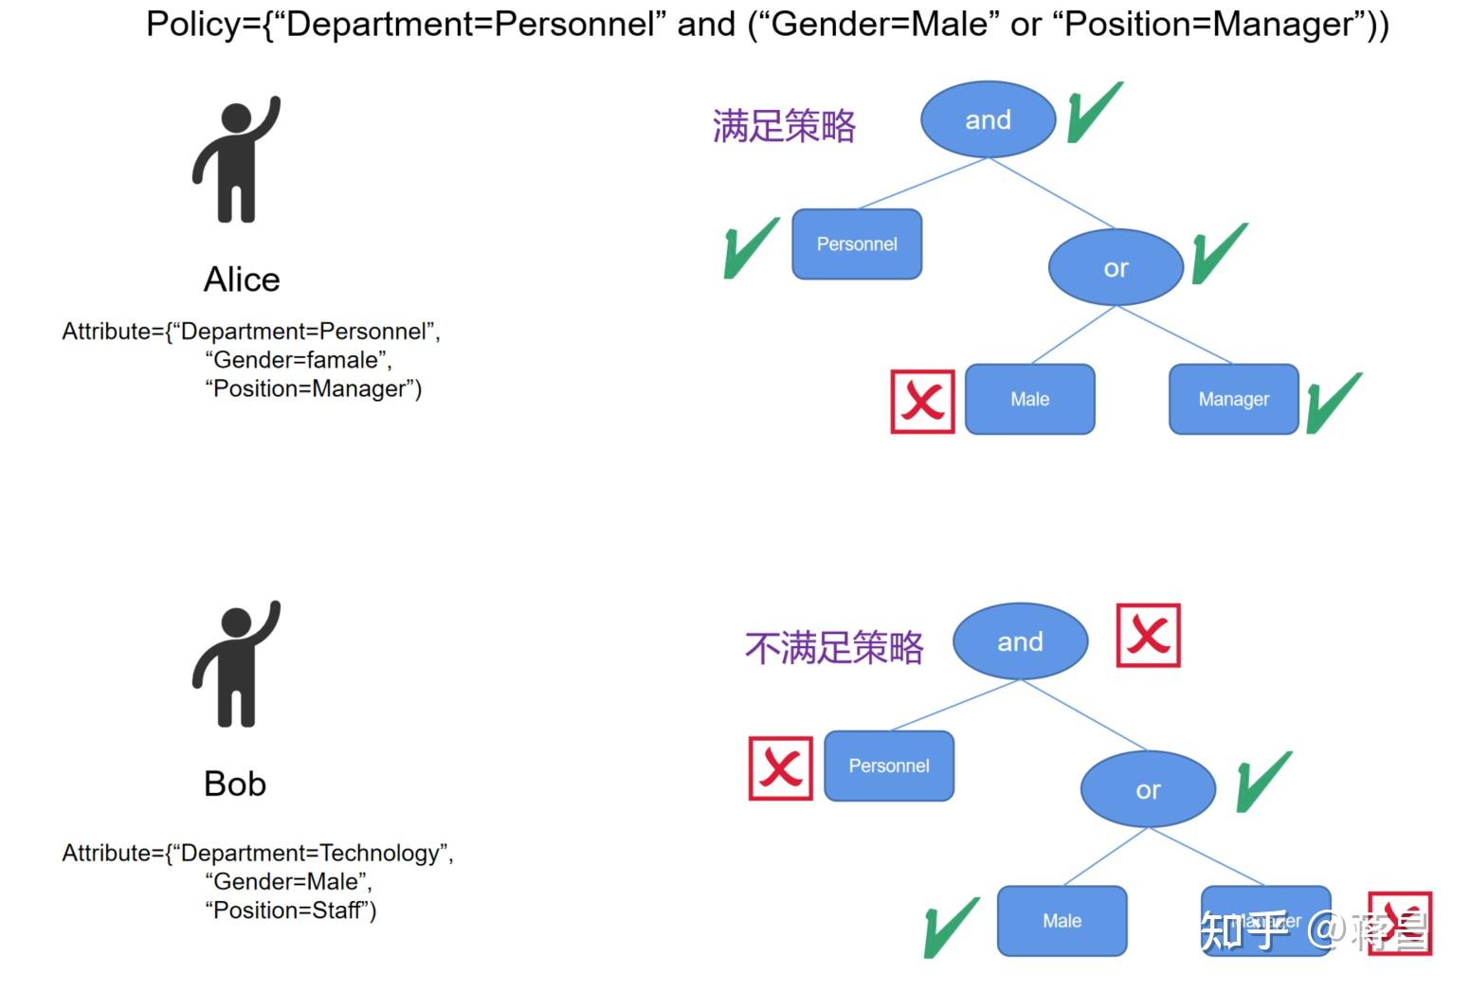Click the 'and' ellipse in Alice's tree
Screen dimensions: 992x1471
pyautogui.click(x=988, y=119)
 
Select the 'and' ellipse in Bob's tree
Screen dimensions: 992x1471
pyautogui.click(x=1020, y=641)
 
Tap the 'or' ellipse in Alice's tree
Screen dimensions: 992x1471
pyautogui.click(x=1116, y=268)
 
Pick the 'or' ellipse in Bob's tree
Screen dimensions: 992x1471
pyautogui.click(x=1148, y=789)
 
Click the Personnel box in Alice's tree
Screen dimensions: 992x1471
pyautogui.click(x=857, y=244)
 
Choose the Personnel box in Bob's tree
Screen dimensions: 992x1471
pyautogui.click(x=889, y=766)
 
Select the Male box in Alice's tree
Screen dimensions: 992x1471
pyautogui.click(x=1029, y=399)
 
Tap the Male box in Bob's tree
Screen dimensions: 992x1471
pyautogui.click(x=1062, y=921)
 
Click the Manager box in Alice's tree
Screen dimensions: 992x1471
pyautogui.click(x=1233, y=399)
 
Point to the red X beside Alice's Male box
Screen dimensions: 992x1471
pyautogui.click(x=922, y=402)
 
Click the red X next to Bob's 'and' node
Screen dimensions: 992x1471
pyautogui.click(x=1148, y=635)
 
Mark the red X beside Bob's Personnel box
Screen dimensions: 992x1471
pyautogui.click(x=780, y=768)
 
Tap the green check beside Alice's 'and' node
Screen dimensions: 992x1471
pyautogui.click(x=1094, y=112)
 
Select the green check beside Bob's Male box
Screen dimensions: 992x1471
pyautogui.click(x=951, y=927)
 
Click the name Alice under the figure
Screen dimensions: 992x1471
pyautogui.click(x=242, y=280)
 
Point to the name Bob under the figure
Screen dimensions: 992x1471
pyautogui.click(x=235, y=784)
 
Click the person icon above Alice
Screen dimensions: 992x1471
pyautogui.click(x=237, y=159)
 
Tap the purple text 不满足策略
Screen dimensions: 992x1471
pyautogui.click(x=834, y=648)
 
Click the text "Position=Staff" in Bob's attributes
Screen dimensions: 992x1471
pyautogui.click(x=290, y=911)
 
